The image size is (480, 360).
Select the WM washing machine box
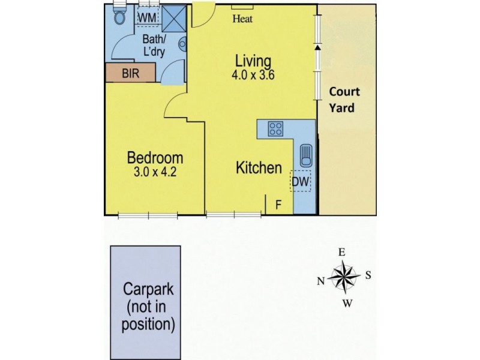pos(147,17)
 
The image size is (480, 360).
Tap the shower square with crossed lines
pos(176,19)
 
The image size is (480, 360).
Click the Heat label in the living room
pos(243,19)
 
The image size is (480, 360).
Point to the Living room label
pos(253,61)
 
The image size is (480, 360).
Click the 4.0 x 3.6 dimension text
pos(253,76)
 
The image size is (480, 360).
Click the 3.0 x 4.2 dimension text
pos(155,173)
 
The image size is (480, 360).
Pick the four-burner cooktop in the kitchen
pos(276,128)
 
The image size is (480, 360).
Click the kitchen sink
pos(304,155)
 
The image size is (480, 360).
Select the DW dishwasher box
pos(302,180)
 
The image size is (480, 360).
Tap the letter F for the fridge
pos(278,205)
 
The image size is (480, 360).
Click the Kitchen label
pos(259,168)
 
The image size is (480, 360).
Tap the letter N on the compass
pos(320,280)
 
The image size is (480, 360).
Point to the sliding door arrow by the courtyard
pos(318,47)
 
